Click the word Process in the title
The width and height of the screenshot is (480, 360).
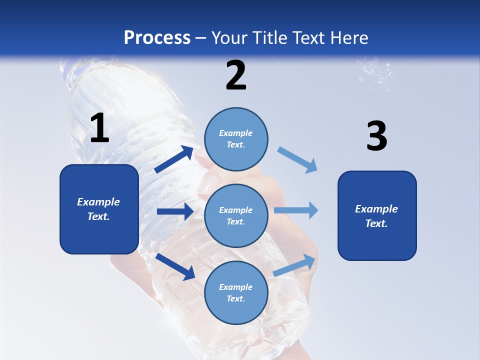click(157, 37)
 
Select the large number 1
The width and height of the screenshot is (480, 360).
click(99, 128)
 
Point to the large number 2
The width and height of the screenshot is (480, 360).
click(236, 75)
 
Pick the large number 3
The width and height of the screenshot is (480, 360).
click(376, 135)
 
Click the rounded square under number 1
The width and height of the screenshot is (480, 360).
click(99, 209)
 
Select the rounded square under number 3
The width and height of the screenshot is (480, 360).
click(377, 215)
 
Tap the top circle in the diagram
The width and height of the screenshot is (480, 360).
click(236, 139)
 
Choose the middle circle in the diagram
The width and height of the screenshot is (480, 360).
click(236, 215)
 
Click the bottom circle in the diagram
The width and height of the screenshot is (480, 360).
click(236, 292)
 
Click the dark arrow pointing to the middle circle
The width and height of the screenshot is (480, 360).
click(175, 211)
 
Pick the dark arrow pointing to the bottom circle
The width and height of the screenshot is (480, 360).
click(175, 266)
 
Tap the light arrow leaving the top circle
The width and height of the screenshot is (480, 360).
click(297, 159)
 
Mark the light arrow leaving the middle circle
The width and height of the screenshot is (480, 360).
click(296, 210)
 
